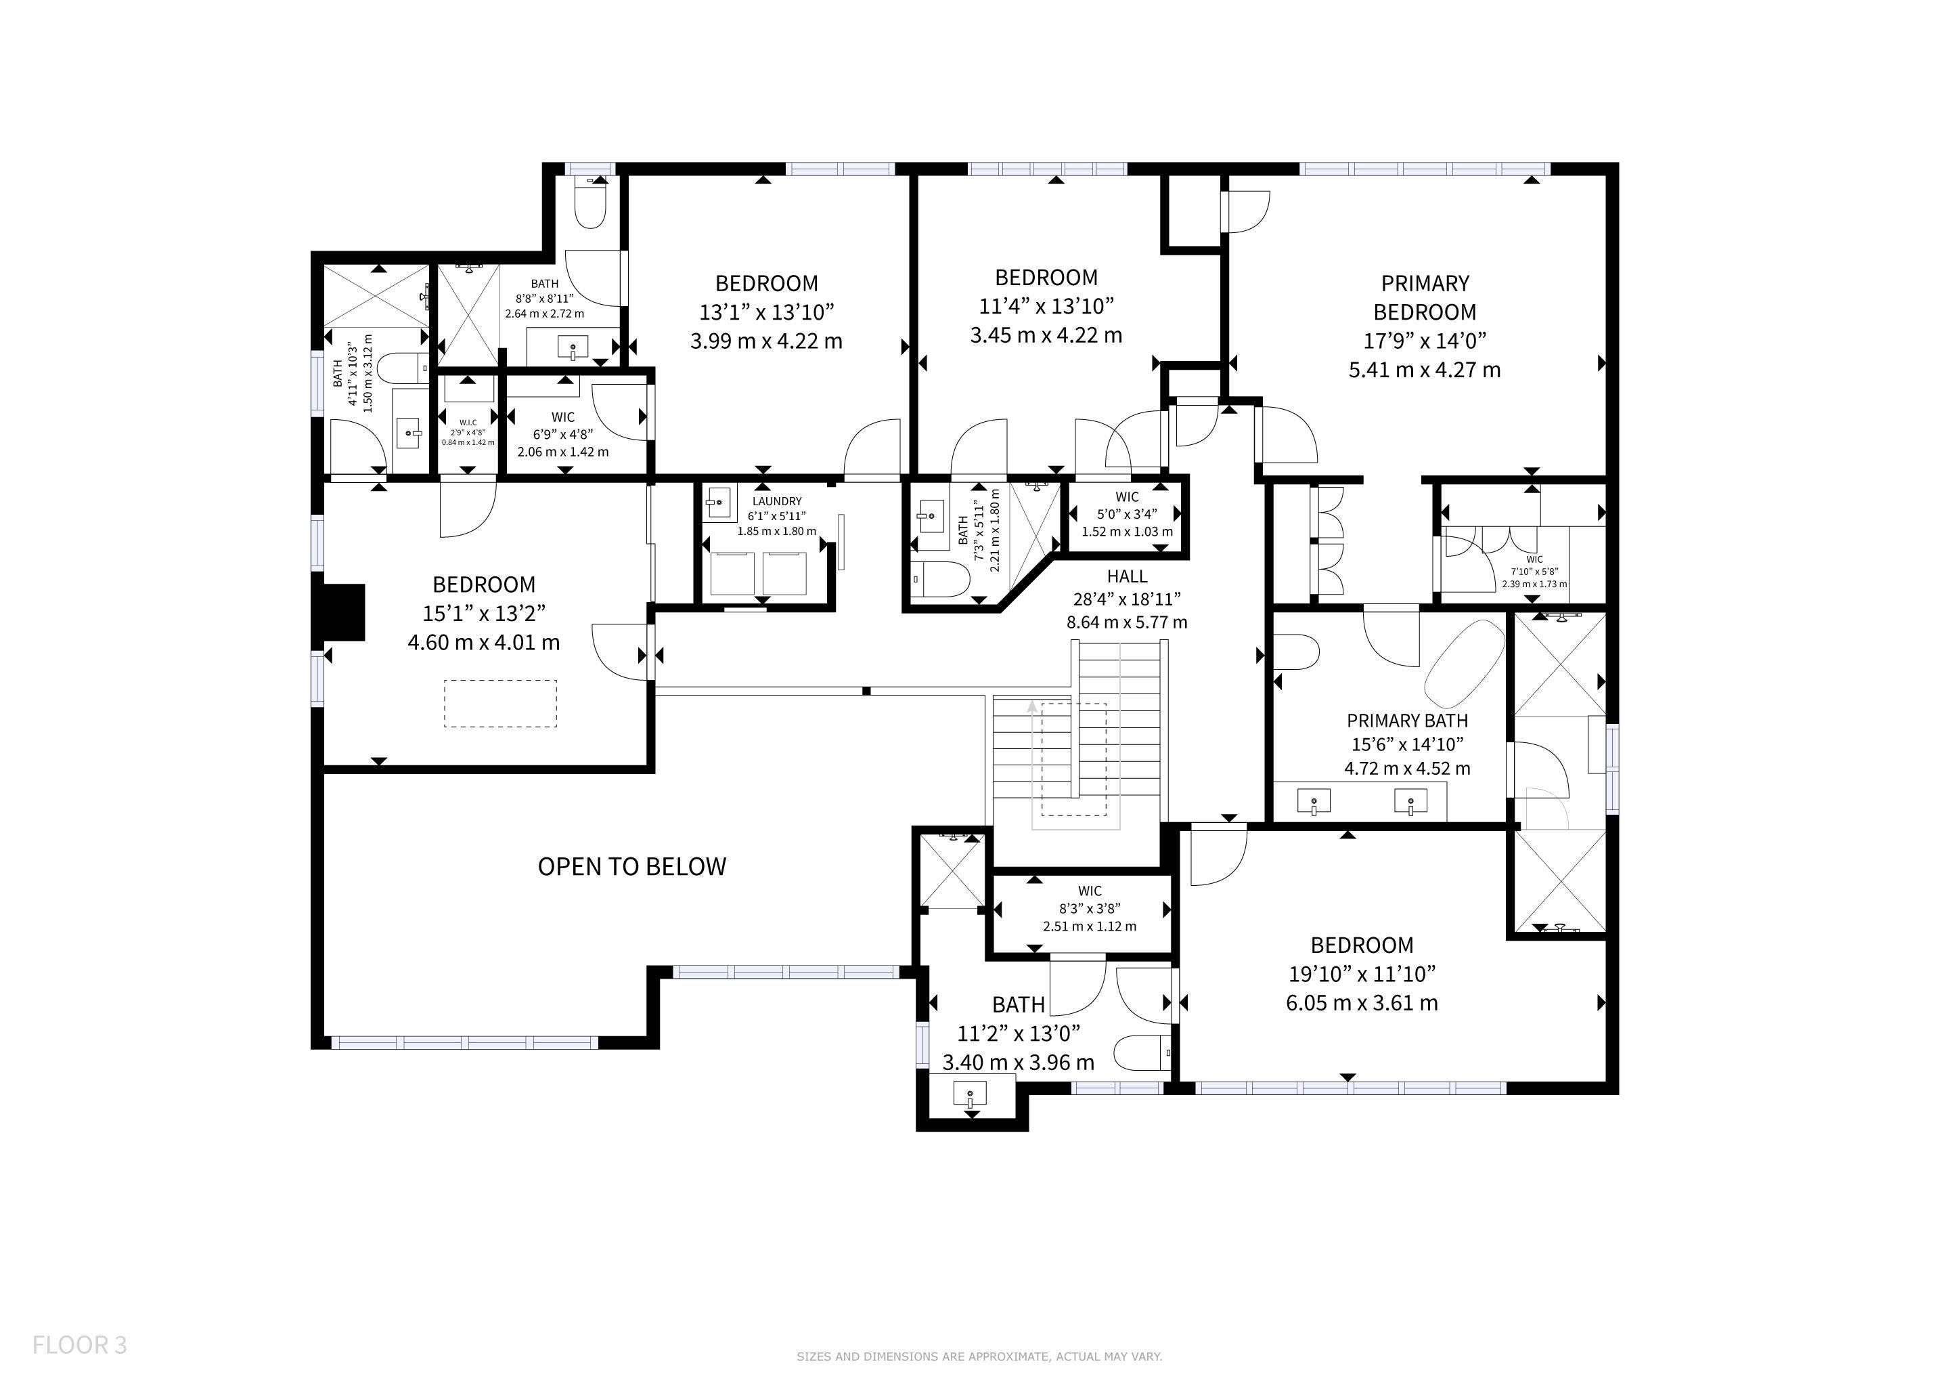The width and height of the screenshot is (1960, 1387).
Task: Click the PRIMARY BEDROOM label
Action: tap(1425, 297)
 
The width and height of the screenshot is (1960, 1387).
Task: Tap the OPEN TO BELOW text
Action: tap(631, 867)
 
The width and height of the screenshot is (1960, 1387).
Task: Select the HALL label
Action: tap(1127, 576)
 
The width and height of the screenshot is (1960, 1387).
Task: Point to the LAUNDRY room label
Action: tap(777, 501)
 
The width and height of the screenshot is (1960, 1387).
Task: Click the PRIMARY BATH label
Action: tap(1408, 721)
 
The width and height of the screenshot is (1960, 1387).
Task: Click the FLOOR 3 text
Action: tap(79, 1345)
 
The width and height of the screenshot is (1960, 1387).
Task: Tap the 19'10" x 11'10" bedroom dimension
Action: tap(1362, 974)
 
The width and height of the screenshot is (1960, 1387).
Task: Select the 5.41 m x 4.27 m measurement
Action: tap(1425, 370)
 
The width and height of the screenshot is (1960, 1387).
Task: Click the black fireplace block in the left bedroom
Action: tap(339, 612)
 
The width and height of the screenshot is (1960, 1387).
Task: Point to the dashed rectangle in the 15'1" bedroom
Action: tap(500, 704)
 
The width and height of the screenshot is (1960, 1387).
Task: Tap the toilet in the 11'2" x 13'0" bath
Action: tap(1143, 1053)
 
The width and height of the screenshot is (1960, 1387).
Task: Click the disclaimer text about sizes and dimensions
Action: tap(979, 1357)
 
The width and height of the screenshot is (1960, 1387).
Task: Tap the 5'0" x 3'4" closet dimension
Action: tap(1127, 514)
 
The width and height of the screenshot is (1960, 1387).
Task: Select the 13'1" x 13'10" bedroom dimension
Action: tap(767, 312)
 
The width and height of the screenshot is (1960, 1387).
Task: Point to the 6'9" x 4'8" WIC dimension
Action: tap(562, 434)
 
